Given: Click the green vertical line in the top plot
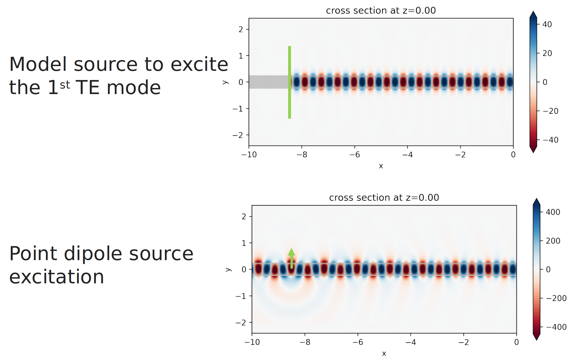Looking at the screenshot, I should click(289, 82).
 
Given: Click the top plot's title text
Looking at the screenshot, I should click(381, 11).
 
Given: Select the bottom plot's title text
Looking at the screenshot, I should click(384, 198).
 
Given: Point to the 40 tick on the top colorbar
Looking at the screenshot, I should click(547, 25).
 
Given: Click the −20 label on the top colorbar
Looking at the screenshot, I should click(550, 111).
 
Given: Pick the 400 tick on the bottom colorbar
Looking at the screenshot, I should click(553, 212).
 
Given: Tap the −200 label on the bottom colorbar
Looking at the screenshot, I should click(556, 298).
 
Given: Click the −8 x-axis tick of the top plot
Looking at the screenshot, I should click(302, 154).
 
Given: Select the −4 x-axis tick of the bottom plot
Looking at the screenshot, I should click(411, 342).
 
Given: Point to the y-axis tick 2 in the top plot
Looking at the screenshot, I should click(241, 29).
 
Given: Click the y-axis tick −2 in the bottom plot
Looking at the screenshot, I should click(241, 323).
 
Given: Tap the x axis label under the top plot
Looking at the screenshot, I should click(381, 166).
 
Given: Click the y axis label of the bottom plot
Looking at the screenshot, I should click(228, 269).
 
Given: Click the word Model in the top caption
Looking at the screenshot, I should click(38, 64).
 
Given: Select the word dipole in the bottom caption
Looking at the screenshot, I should click(93, 253).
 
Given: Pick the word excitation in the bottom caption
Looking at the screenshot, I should click(56, 277).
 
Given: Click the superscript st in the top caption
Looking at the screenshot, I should click(65, 85).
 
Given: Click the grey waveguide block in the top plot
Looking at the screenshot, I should click(268, 82).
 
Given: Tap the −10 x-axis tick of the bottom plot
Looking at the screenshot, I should click(252, 342).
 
